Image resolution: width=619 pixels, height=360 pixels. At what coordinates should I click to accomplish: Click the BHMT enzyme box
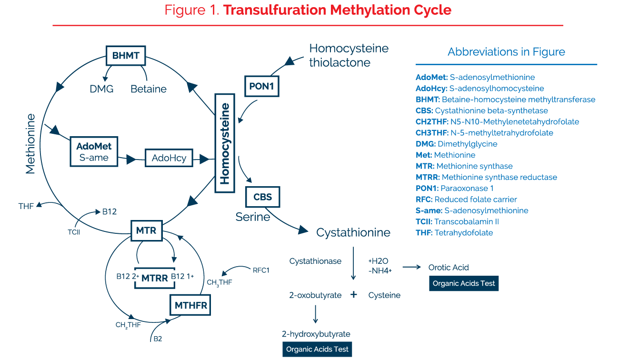point(125,56)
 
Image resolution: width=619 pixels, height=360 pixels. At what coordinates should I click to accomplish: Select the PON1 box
point(261,87)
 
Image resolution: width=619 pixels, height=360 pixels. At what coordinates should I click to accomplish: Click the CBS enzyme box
point(262,197)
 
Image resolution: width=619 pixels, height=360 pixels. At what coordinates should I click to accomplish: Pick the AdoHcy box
point(169,158)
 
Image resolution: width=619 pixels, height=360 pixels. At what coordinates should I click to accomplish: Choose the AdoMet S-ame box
point(94,152)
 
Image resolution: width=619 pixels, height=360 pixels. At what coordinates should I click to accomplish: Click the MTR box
point(146,231)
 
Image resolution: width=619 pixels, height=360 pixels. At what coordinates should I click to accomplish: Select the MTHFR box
point(190,305)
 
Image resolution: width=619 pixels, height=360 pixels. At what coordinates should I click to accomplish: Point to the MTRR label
point(155,278)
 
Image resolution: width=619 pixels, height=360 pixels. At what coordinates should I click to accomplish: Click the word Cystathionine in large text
point(353,233)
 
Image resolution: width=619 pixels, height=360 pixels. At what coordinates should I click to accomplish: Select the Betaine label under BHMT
point(149,89)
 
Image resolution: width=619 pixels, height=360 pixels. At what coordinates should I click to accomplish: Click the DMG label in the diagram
point(101,89)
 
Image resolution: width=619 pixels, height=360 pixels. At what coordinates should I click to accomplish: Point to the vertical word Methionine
point(30,143)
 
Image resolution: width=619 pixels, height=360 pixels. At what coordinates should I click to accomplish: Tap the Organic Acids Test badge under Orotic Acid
point(464,283)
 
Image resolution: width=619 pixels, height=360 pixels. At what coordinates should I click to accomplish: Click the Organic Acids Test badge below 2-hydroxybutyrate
point(317,349)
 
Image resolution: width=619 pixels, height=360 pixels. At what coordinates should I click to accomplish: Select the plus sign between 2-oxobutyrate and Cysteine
point(354,295)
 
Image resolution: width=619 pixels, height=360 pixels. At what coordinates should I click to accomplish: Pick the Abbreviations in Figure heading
point(506,52)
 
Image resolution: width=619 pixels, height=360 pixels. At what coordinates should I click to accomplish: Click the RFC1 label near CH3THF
point(261,270)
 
